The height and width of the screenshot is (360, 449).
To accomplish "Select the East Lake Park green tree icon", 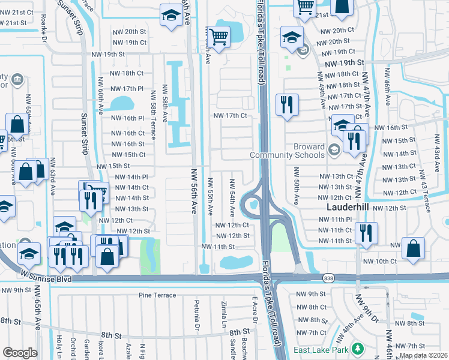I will pos(358,349).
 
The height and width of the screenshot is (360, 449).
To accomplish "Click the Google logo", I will pos(20,352).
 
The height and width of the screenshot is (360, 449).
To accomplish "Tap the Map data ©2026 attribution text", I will pos(424,355).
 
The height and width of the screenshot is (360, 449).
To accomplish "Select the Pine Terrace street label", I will pos(157,295).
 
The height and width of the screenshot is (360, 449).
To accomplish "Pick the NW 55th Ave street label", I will pos(210,197).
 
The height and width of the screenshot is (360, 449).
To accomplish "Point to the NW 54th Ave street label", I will pos(232,197).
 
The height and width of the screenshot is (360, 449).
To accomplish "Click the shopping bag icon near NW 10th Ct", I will pos(414,250).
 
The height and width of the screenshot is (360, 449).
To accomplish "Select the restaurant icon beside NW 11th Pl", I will pos(366,233).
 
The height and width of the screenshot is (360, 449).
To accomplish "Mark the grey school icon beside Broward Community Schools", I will pos(334,151).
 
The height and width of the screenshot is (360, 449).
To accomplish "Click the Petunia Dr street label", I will pos(196,316).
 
